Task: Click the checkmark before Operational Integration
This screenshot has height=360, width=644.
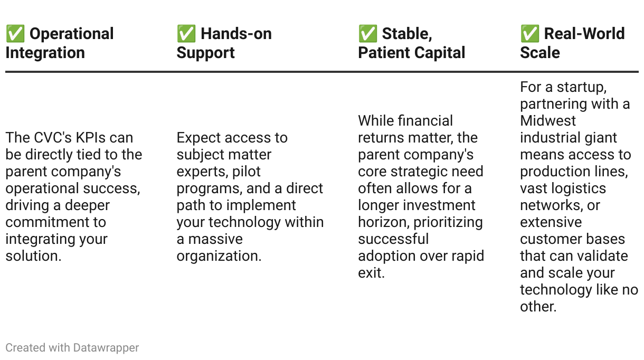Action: [x=15, y=34]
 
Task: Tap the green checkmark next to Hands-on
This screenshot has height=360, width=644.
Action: [x=186, y=34]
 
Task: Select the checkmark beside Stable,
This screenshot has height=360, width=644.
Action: [x=368, y=34]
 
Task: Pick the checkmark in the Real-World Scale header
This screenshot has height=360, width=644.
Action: [x=530, y=34]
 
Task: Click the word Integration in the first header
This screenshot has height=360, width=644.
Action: [x=45, y=53]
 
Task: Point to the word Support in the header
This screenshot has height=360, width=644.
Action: [x=205, y=53]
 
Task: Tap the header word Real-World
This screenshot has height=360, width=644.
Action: [x=584, y=34]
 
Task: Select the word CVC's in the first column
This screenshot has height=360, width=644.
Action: [x=56, y=138]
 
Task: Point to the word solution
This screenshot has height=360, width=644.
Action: [x=33, y=256]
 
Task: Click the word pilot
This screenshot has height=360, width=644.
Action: [x=247, y=172]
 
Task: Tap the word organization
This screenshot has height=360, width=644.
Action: [x=219, y=256]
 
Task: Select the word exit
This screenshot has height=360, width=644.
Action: [x=371, y=273]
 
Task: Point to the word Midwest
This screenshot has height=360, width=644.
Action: [x=548, y=121]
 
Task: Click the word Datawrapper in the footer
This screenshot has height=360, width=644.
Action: [x=106, y=348]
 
